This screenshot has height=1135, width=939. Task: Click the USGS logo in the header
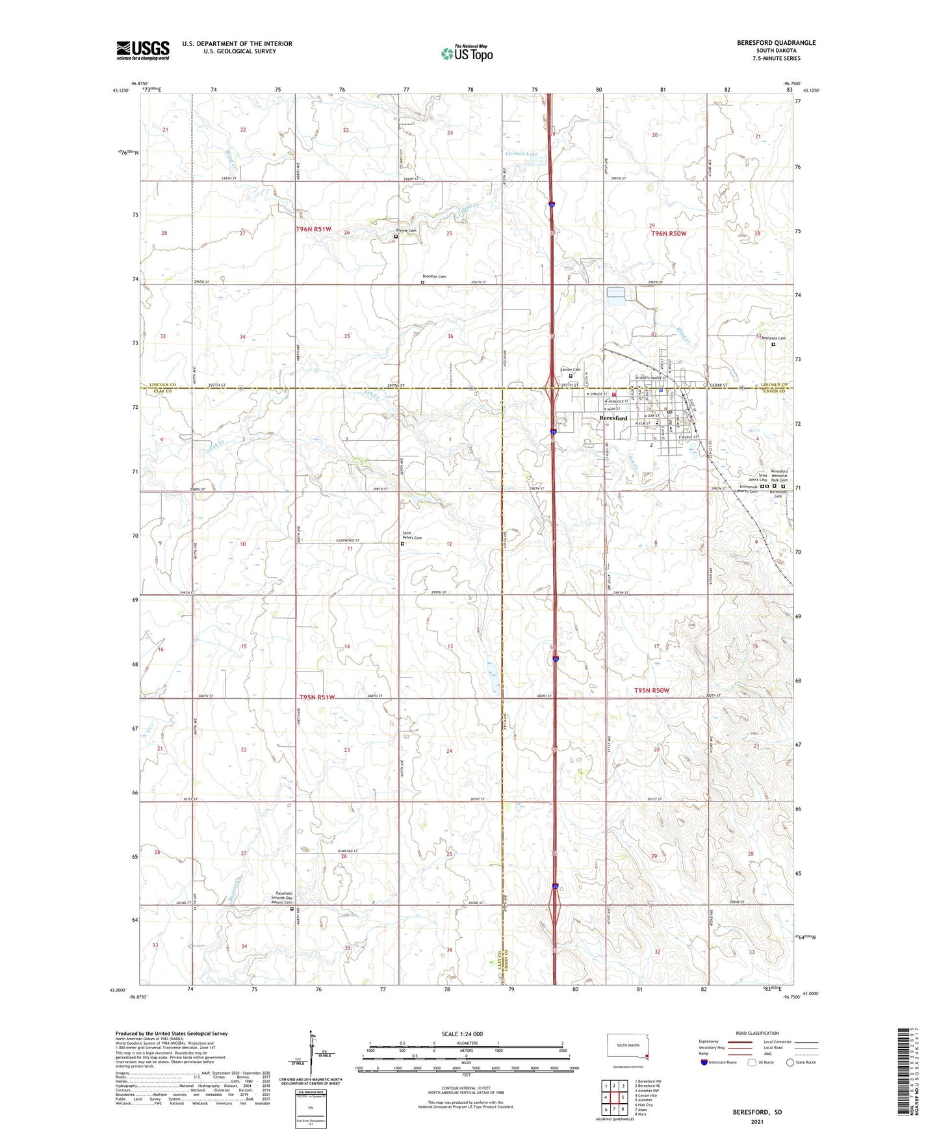coord(142,50)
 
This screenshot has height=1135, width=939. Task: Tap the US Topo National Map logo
coord(466,53)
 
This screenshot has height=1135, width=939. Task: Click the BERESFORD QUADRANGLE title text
coord(776,43)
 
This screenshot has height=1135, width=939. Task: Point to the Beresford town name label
coord(613,418)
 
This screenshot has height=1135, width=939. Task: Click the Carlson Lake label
coord(522,153)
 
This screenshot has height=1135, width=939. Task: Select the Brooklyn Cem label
coord(434,277)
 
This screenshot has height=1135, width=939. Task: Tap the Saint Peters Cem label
coord(412,536)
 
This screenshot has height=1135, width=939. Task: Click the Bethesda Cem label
coord(773,339)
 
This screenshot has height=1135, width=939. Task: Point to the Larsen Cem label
coord(571,370)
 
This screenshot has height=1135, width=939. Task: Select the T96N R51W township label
coord(314,229)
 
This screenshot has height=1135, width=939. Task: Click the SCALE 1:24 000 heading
coord(462,1034)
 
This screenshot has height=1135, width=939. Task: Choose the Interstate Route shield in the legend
coord(704,1062)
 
